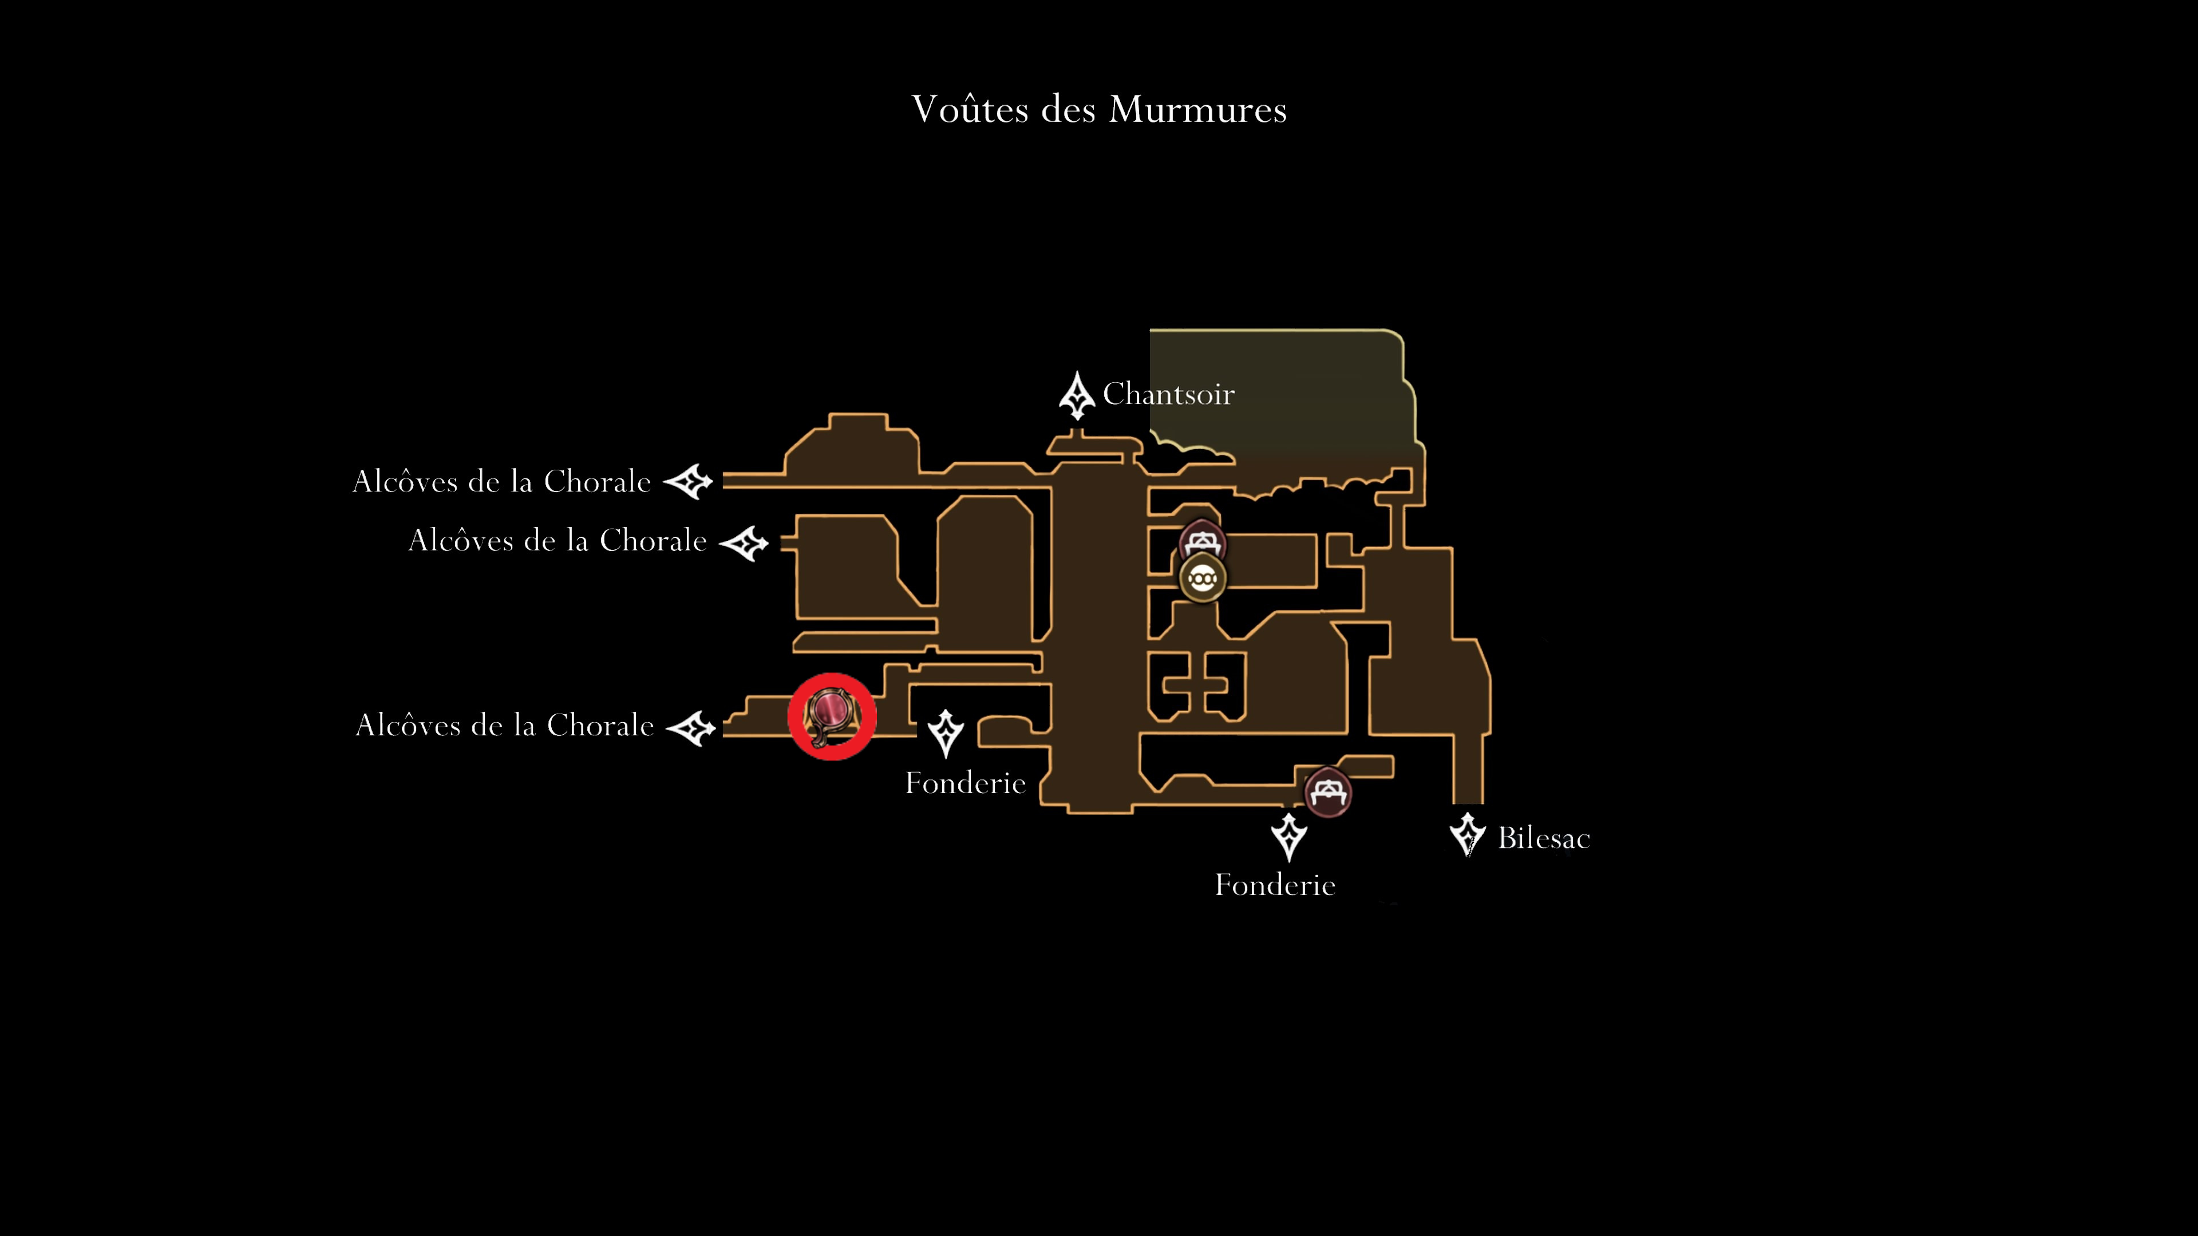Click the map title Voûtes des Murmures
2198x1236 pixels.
[1099, 109]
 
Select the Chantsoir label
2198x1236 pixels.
[1168, 394]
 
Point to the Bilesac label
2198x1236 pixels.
[1544, 838]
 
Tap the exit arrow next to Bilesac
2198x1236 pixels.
[1468, 834]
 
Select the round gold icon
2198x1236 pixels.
[1202, 579]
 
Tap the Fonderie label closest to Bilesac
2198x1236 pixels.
[1275, 885]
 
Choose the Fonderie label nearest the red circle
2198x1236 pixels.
[965, 783]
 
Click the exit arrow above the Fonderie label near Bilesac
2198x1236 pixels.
[1288, 837]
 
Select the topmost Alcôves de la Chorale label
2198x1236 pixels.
[502, 481]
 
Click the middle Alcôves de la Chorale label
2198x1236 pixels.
[558, 540]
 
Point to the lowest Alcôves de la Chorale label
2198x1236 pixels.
[504, 725]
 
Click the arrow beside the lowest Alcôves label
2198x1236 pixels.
[690, 728]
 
